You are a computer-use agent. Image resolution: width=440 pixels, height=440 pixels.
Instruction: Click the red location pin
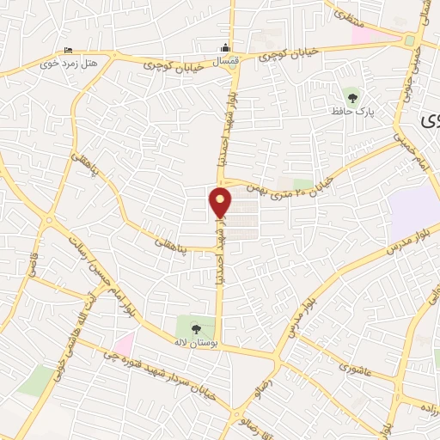tap(220, 203)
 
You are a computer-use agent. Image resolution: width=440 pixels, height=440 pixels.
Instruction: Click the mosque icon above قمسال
tap(225, 46)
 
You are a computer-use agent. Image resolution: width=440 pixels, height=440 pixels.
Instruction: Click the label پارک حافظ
tap(350, 111)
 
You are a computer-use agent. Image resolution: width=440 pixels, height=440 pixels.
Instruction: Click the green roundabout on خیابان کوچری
tap(409, 40)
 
